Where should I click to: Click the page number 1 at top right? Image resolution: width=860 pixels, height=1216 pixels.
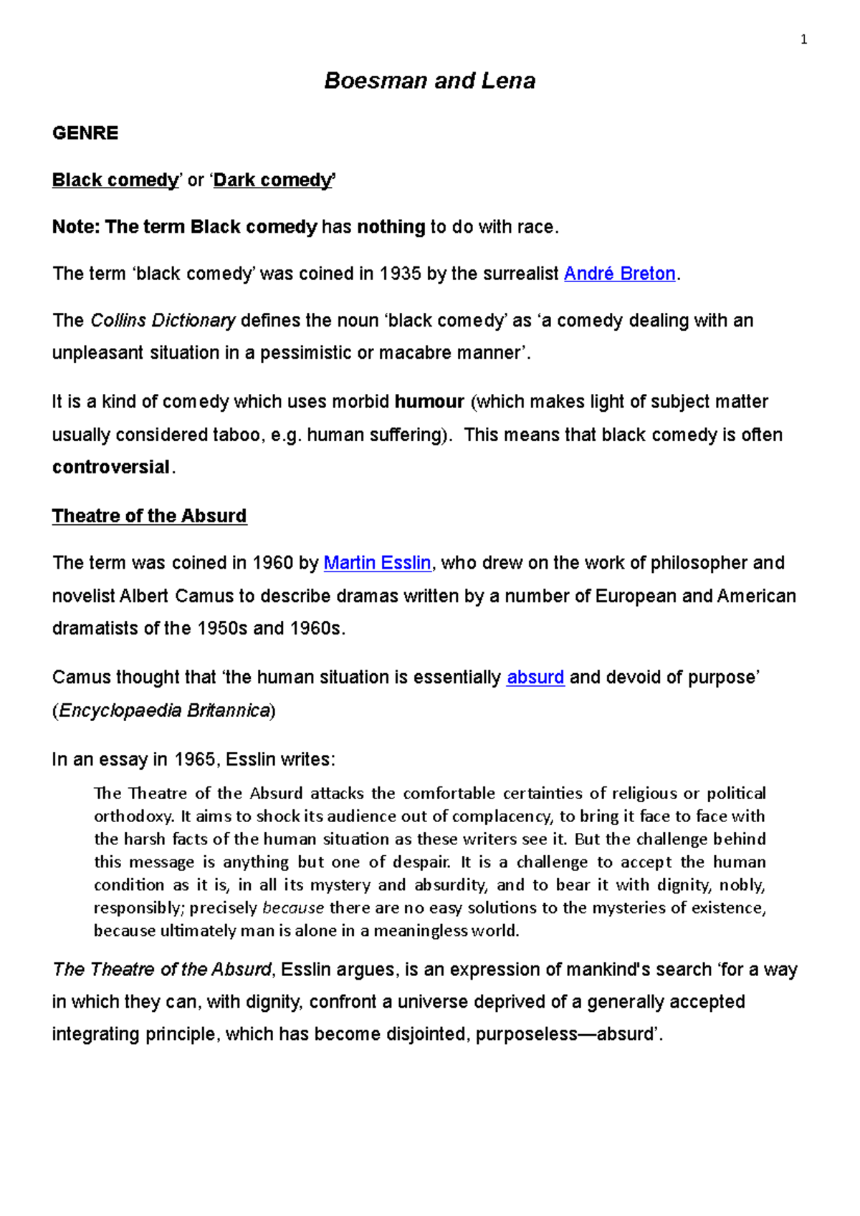point(803,40)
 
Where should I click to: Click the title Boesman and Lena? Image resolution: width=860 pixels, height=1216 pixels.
point(429,80)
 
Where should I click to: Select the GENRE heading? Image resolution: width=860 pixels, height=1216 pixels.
point(85,133)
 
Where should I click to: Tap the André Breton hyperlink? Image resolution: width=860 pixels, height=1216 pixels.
point(619,274)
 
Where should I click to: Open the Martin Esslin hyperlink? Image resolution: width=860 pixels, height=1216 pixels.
point(377,563)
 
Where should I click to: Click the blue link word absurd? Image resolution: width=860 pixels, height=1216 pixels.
point(535,677)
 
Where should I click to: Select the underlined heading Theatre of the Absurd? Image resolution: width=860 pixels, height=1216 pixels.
point(149,516)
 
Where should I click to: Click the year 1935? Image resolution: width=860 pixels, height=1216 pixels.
point(400,274)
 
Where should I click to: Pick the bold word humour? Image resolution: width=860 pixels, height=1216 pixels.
point(429,402)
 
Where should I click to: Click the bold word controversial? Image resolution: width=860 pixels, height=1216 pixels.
point(111,467)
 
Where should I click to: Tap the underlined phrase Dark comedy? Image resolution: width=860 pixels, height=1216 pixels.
point(273,180)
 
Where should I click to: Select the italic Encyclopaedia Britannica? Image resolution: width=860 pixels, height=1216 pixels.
point(164,710)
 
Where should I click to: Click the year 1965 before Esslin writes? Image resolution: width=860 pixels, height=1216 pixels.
point(195,759)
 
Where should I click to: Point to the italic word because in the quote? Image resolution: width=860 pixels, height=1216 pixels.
point(293,908)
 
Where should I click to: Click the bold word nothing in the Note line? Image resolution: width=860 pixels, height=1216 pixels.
point(391,227)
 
